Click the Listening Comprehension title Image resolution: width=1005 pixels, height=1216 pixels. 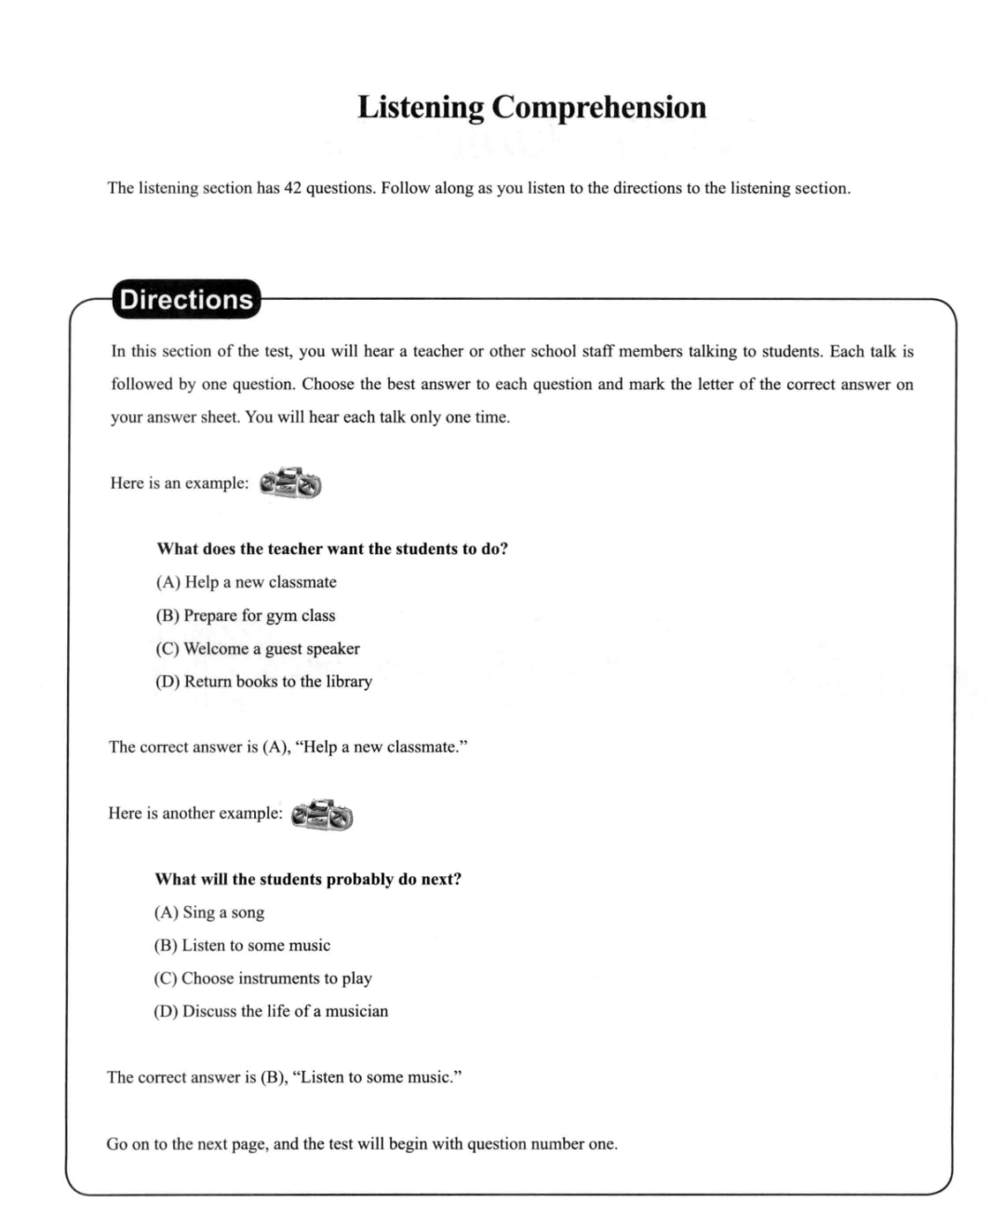tap(531, 107)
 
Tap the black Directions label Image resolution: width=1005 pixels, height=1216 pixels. tap(186, 300)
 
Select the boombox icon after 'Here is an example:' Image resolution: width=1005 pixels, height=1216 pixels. tap(290, 483)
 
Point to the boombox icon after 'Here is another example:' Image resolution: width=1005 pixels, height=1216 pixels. tap(322, 814)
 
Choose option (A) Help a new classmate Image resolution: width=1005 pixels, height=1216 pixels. tap(246, 582)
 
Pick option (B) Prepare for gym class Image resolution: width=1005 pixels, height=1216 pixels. tap(245, 615)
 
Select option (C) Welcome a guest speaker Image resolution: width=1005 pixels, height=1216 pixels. tap(257, 649)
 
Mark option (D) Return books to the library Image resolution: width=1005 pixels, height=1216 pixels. tap(263, 682)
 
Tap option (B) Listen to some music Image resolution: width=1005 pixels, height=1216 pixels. tap(242, 945)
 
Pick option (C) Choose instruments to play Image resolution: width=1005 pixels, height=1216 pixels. tap(262, 979)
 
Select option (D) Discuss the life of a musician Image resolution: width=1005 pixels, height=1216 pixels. tap(271, 1011)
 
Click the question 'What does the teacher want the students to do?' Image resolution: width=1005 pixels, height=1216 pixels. tap(332, 549)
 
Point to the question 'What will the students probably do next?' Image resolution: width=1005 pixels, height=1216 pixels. tap(308, 879)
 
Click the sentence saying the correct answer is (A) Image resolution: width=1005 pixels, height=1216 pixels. tap(288, 747)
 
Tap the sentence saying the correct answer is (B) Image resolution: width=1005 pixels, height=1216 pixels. tap(285, 1077)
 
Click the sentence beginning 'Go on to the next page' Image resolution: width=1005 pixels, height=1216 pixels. tap(362, 1143)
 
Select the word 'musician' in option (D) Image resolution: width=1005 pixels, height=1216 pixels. tap(356, 1011)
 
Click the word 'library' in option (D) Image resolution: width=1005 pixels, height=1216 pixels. tap(349, 682)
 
